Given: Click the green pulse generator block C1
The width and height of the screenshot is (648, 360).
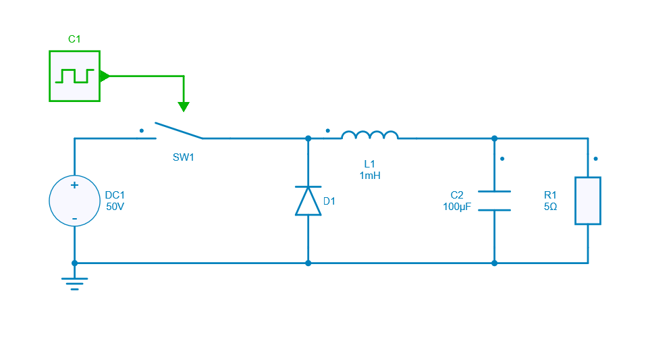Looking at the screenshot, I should click(74, 76).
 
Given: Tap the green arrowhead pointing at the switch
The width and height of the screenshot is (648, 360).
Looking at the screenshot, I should click(183, 107).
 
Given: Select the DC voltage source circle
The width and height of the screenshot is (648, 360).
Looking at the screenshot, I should click(74, 201).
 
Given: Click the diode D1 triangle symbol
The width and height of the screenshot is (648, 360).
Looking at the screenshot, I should click(308, 201).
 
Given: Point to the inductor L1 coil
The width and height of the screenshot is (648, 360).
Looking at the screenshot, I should click(369, 136).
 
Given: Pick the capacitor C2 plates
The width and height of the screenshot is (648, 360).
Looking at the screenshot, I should click(494, 201).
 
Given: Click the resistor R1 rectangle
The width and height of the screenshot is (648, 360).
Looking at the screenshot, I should click(587, 201).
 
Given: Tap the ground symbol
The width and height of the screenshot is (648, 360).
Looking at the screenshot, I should click(74, 282).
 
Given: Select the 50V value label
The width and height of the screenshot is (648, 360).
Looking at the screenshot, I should click(115, 207).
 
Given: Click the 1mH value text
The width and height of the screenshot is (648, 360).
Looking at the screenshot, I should click(370, 176).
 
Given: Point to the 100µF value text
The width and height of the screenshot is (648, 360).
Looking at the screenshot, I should click(457, 207).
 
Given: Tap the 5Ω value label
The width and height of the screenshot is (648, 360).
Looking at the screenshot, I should click(550, 207).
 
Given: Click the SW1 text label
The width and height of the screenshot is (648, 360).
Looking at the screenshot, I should click(183, 157).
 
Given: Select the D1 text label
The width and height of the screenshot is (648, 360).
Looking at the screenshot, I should click(329, 201).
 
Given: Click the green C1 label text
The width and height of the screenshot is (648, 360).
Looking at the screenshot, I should click(74, 39).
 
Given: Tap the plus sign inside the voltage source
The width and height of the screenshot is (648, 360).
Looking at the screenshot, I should click(74, 185).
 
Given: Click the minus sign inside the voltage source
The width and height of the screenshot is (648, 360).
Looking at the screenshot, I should click(74, 218).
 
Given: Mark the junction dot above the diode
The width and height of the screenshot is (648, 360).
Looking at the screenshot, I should click(308, 138).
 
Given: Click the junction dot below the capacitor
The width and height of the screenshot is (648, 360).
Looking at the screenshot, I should click(494, 263).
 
